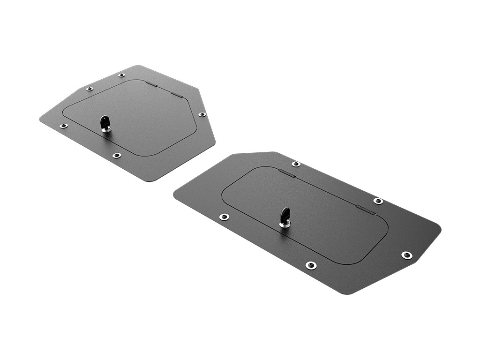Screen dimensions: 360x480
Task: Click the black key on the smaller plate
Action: click(105, 124)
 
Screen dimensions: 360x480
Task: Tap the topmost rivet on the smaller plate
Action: click(121, 75)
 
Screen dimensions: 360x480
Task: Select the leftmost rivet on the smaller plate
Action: click(63, 126)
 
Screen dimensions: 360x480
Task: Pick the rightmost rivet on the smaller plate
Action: click(202, 114)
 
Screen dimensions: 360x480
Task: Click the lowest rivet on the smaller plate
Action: click(117, 155)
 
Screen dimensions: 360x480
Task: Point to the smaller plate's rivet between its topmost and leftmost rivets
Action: click(90, 89)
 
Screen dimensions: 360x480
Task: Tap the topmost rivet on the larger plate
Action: click(296, 164)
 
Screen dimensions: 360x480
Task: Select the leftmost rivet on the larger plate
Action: click(225, 217)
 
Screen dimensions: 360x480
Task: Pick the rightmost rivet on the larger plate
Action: click(406, 255)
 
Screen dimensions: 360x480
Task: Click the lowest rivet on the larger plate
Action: click(311, 265)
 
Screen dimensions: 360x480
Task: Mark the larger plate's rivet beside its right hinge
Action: click(378, 201)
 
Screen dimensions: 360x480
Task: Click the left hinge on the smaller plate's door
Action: click(151, 84)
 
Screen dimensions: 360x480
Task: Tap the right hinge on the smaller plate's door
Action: click(176, 94)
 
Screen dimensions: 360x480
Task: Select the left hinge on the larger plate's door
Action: click(287, 173)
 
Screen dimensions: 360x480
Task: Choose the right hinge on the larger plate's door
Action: click(366, 210)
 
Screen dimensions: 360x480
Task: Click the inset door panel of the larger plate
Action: click(319, 220)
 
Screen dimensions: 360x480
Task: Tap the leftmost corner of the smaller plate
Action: click(40, 120)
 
